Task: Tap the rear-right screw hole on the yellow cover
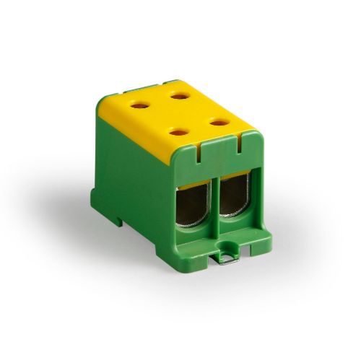pos(177,95)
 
